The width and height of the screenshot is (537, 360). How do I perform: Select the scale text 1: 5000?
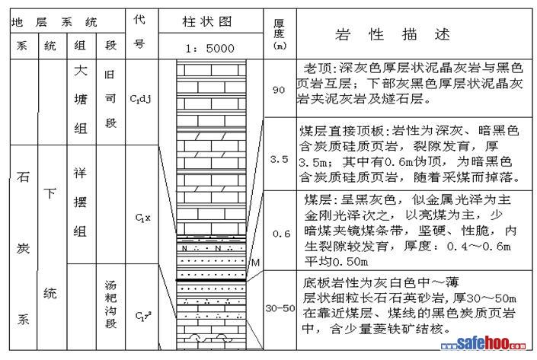[209, 48]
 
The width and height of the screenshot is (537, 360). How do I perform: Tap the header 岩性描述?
[392, 34]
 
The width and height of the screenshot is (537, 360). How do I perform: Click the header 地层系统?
[54, 21]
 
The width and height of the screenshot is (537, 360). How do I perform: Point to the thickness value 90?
[278, 90]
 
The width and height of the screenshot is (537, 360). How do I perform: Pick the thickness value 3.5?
[279, 160]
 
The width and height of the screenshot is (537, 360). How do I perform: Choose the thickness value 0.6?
[279, 234]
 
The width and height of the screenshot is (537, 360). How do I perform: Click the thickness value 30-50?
[279, 308]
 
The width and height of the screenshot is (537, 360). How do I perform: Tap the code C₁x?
[139, 218]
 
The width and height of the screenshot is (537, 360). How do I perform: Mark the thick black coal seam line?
[210, 281]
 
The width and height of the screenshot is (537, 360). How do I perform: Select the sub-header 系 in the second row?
[21, 46]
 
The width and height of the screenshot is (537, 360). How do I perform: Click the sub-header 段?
[111, 46]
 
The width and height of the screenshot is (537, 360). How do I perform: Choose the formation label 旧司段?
[111, 99]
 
